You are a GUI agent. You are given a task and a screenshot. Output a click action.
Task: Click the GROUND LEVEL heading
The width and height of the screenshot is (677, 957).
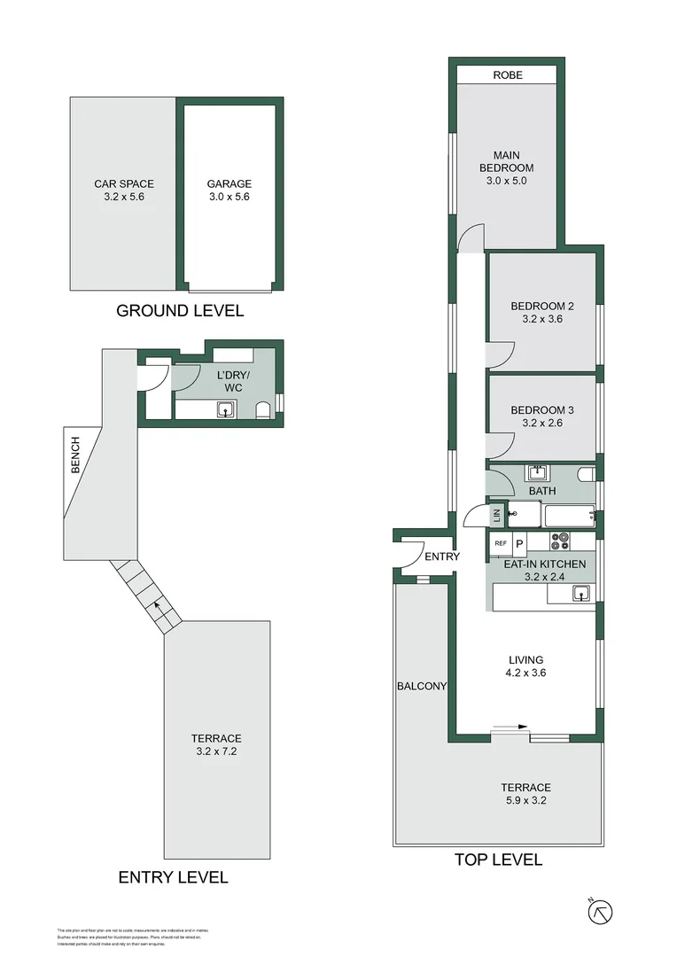coord(180,311)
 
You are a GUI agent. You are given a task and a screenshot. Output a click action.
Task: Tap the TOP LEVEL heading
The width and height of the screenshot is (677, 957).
coord(498,860)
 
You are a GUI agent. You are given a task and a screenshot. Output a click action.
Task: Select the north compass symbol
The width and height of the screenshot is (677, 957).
coord(600,912)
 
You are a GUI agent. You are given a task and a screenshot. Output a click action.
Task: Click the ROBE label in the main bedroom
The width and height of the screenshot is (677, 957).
coord(507,75)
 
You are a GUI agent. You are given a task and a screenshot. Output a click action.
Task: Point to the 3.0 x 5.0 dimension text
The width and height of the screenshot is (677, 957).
coord(507,181)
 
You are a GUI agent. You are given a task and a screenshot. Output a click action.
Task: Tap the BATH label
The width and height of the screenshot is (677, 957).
coord(541,490)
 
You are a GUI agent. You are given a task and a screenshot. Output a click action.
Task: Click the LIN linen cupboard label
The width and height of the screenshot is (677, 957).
coord(497,514)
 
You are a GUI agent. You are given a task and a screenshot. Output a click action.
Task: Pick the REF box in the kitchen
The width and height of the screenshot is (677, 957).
coord(500,543)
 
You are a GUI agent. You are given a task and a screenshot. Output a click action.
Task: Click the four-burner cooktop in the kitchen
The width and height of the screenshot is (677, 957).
coord(561,539)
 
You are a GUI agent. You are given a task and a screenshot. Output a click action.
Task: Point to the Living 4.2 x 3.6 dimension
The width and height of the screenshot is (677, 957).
coord(525,673)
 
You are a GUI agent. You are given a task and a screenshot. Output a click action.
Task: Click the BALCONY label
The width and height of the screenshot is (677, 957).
coord(422,687)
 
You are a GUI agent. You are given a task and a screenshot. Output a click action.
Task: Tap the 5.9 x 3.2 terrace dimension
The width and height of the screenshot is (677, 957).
coord(525,801)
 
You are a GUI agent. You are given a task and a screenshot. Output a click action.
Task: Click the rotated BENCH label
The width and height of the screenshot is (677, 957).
coord(75,454)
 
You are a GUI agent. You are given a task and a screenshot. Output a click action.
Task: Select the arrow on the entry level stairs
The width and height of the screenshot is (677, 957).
coord(159,606)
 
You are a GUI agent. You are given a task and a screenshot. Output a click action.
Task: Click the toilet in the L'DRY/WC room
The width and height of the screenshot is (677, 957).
coord(262,410)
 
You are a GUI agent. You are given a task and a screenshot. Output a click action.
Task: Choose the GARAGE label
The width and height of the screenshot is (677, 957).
coord(230,184)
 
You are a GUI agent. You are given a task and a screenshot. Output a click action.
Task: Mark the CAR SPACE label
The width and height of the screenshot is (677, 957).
coord(124,184)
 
